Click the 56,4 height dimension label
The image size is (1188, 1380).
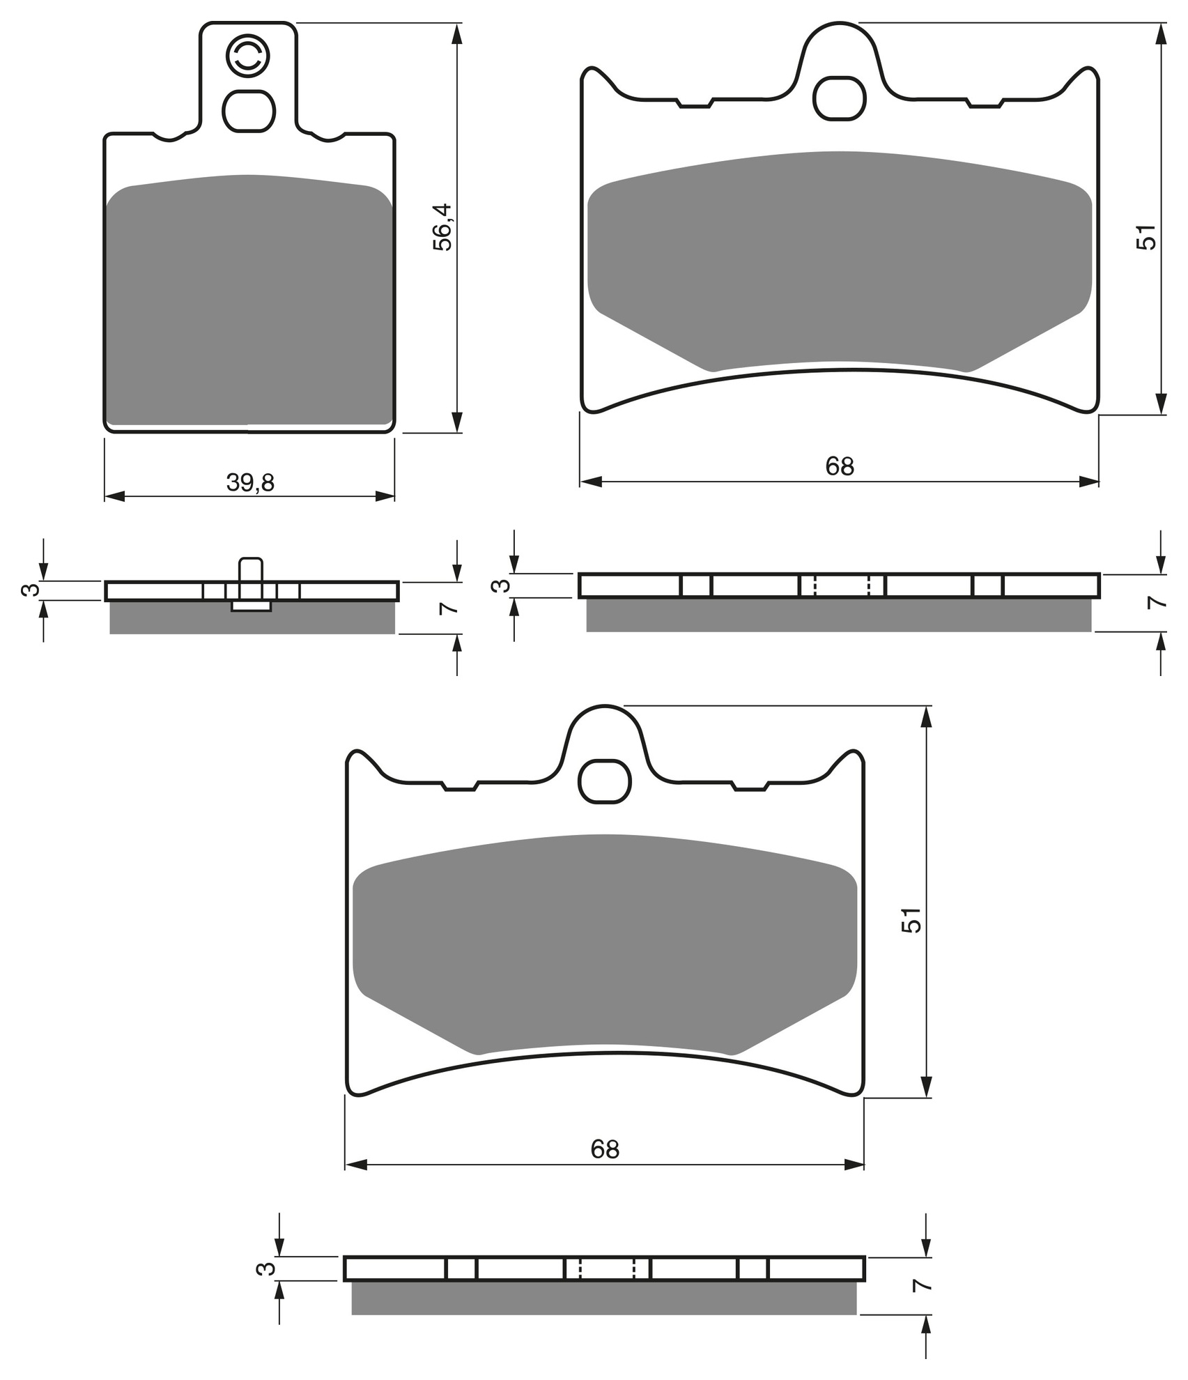click(x=442, y=227)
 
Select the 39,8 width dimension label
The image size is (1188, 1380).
click(x=250, y=482)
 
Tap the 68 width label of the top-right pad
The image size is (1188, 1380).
click(x=840, y=466)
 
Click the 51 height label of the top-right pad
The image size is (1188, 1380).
click(x=1145, y=236)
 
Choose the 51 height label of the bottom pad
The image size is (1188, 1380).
click(x=911, y=920)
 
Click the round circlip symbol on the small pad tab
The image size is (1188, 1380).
click(x=248, y=56)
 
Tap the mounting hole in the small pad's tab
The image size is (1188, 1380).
click(x=249, y=111)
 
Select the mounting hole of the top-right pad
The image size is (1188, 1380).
click(x=840, y=98)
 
